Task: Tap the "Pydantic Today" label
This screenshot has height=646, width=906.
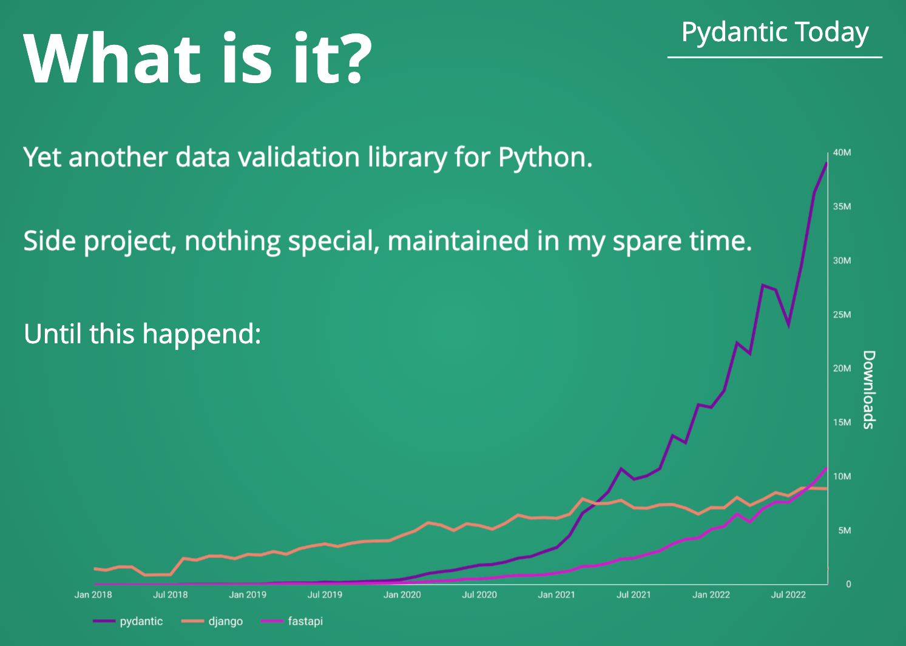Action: [x=775, y=33]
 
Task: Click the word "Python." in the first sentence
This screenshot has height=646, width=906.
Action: [x=545, y=158]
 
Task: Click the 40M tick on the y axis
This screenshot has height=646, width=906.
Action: [x=842, y=153]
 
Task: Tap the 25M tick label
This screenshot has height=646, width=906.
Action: [x=842, y=315]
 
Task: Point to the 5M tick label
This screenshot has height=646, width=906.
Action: [x=844, y=531]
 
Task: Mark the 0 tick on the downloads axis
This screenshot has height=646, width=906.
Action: [x=848, y=584]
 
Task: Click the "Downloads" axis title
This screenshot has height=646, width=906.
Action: [x=869, y=389]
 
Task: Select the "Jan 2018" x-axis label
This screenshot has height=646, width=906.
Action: [x=93, y=594]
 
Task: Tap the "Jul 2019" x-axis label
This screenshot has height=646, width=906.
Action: [x=325, y=594]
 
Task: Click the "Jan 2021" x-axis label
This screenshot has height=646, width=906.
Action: [x=556, y=594]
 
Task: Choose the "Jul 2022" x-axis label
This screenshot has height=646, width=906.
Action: [x=788, y=594]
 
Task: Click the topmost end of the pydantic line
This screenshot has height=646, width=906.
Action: [x=827, y=163]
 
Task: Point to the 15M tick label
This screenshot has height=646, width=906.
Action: [x=842, y=423]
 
